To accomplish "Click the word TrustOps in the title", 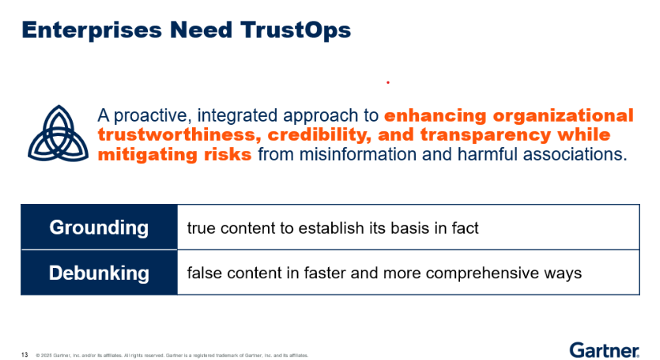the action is (x=295, y=30).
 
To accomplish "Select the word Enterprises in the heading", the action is (x=92, y=30).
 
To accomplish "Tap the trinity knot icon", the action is (x=58, y=134).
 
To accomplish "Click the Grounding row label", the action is (x=99, y=228).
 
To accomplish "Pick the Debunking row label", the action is (x=99, y=273).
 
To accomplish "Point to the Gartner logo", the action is (x=605, y=350).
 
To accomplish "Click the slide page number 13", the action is (x=25, y=355).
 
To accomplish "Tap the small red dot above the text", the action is (x=388, y=82).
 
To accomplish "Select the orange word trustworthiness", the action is (x=176, y=134).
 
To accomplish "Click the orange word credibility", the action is (x=319, y=134).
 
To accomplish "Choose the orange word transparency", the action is (x=486, y=134).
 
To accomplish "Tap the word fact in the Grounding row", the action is (x=465, y=228).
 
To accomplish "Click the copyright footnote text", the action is (x=172, y=355).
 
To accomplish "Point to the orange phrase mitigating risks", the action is (x=174, y=154).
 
